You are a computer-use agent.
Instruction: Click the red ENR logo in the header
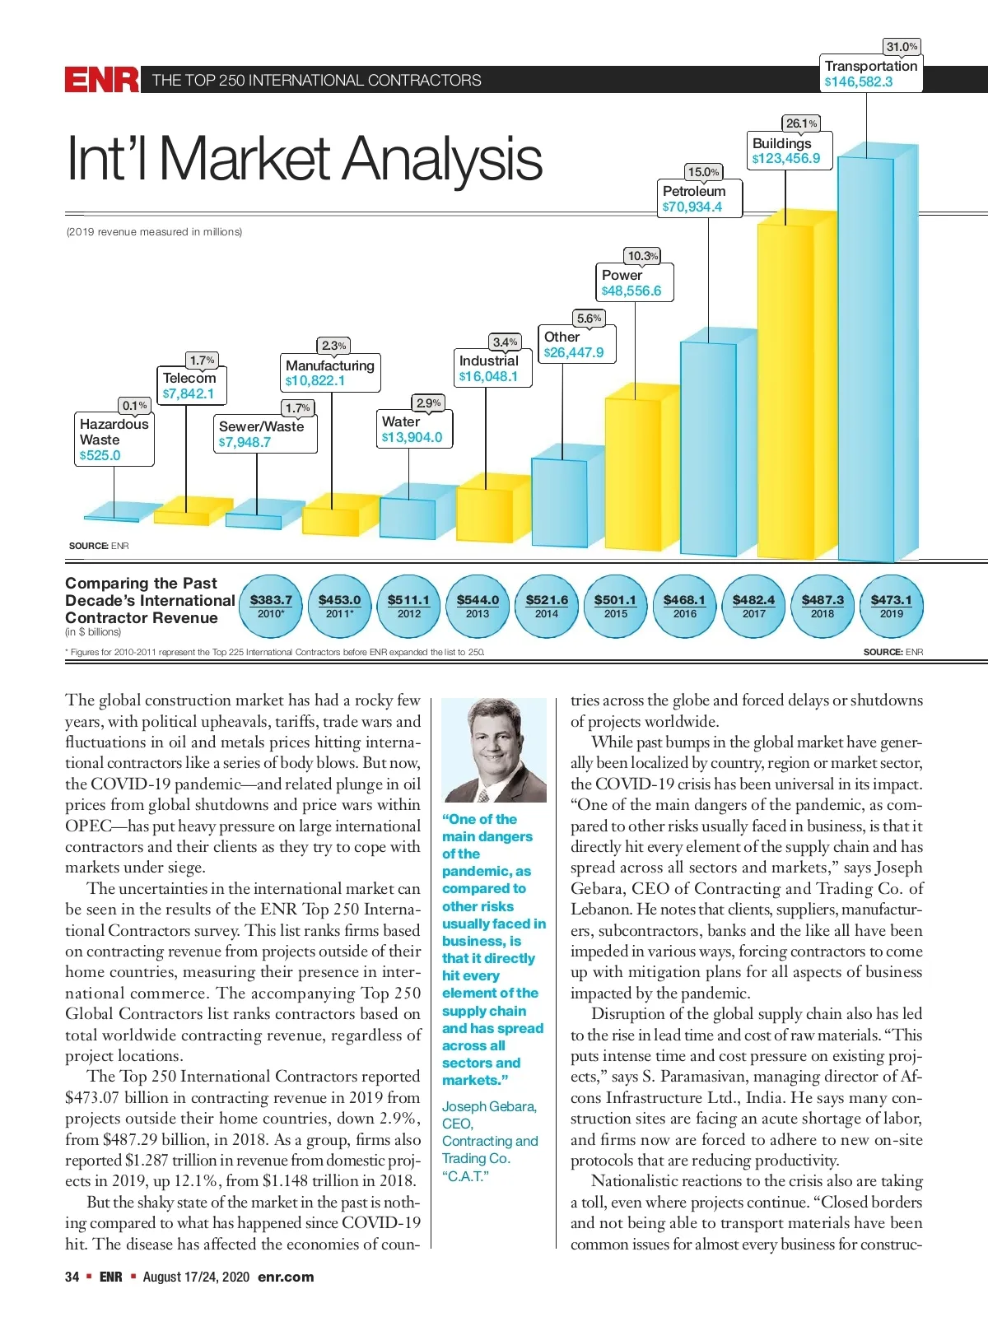click(102, 80)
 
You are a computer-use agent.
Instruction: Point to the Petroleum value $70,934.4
click(692, 207)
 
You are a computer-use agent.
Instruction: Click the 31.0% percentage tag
click(902, 47)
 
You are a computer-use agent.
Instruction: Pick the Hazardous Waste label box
click(114, 440)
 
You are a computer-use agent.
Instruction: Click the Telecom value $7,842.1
click(189, 393)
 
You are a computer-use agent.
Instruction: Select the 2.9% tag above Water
click(428, 403)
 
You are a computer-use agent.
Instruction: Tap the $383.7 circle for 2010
click(271, 607)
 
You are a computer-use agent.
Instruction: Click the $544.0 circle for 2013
click(478, 607)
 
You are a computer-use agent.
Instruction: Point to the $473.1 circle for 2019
click(891, 607)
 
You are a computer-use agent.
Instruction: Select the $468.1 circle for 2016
click(684, 607)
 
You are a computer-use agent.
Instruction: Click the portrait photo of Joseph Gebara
click(494, 750)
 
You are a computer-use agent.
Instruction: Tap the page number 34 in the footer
click(72, 1277)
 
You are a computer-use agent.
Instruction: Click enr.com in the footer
click(286, 1277)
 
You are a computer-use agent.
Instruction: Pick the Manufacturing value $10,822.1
click(315, 381)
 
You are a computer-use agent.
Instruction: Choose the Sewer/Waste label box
click(263, 435)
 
